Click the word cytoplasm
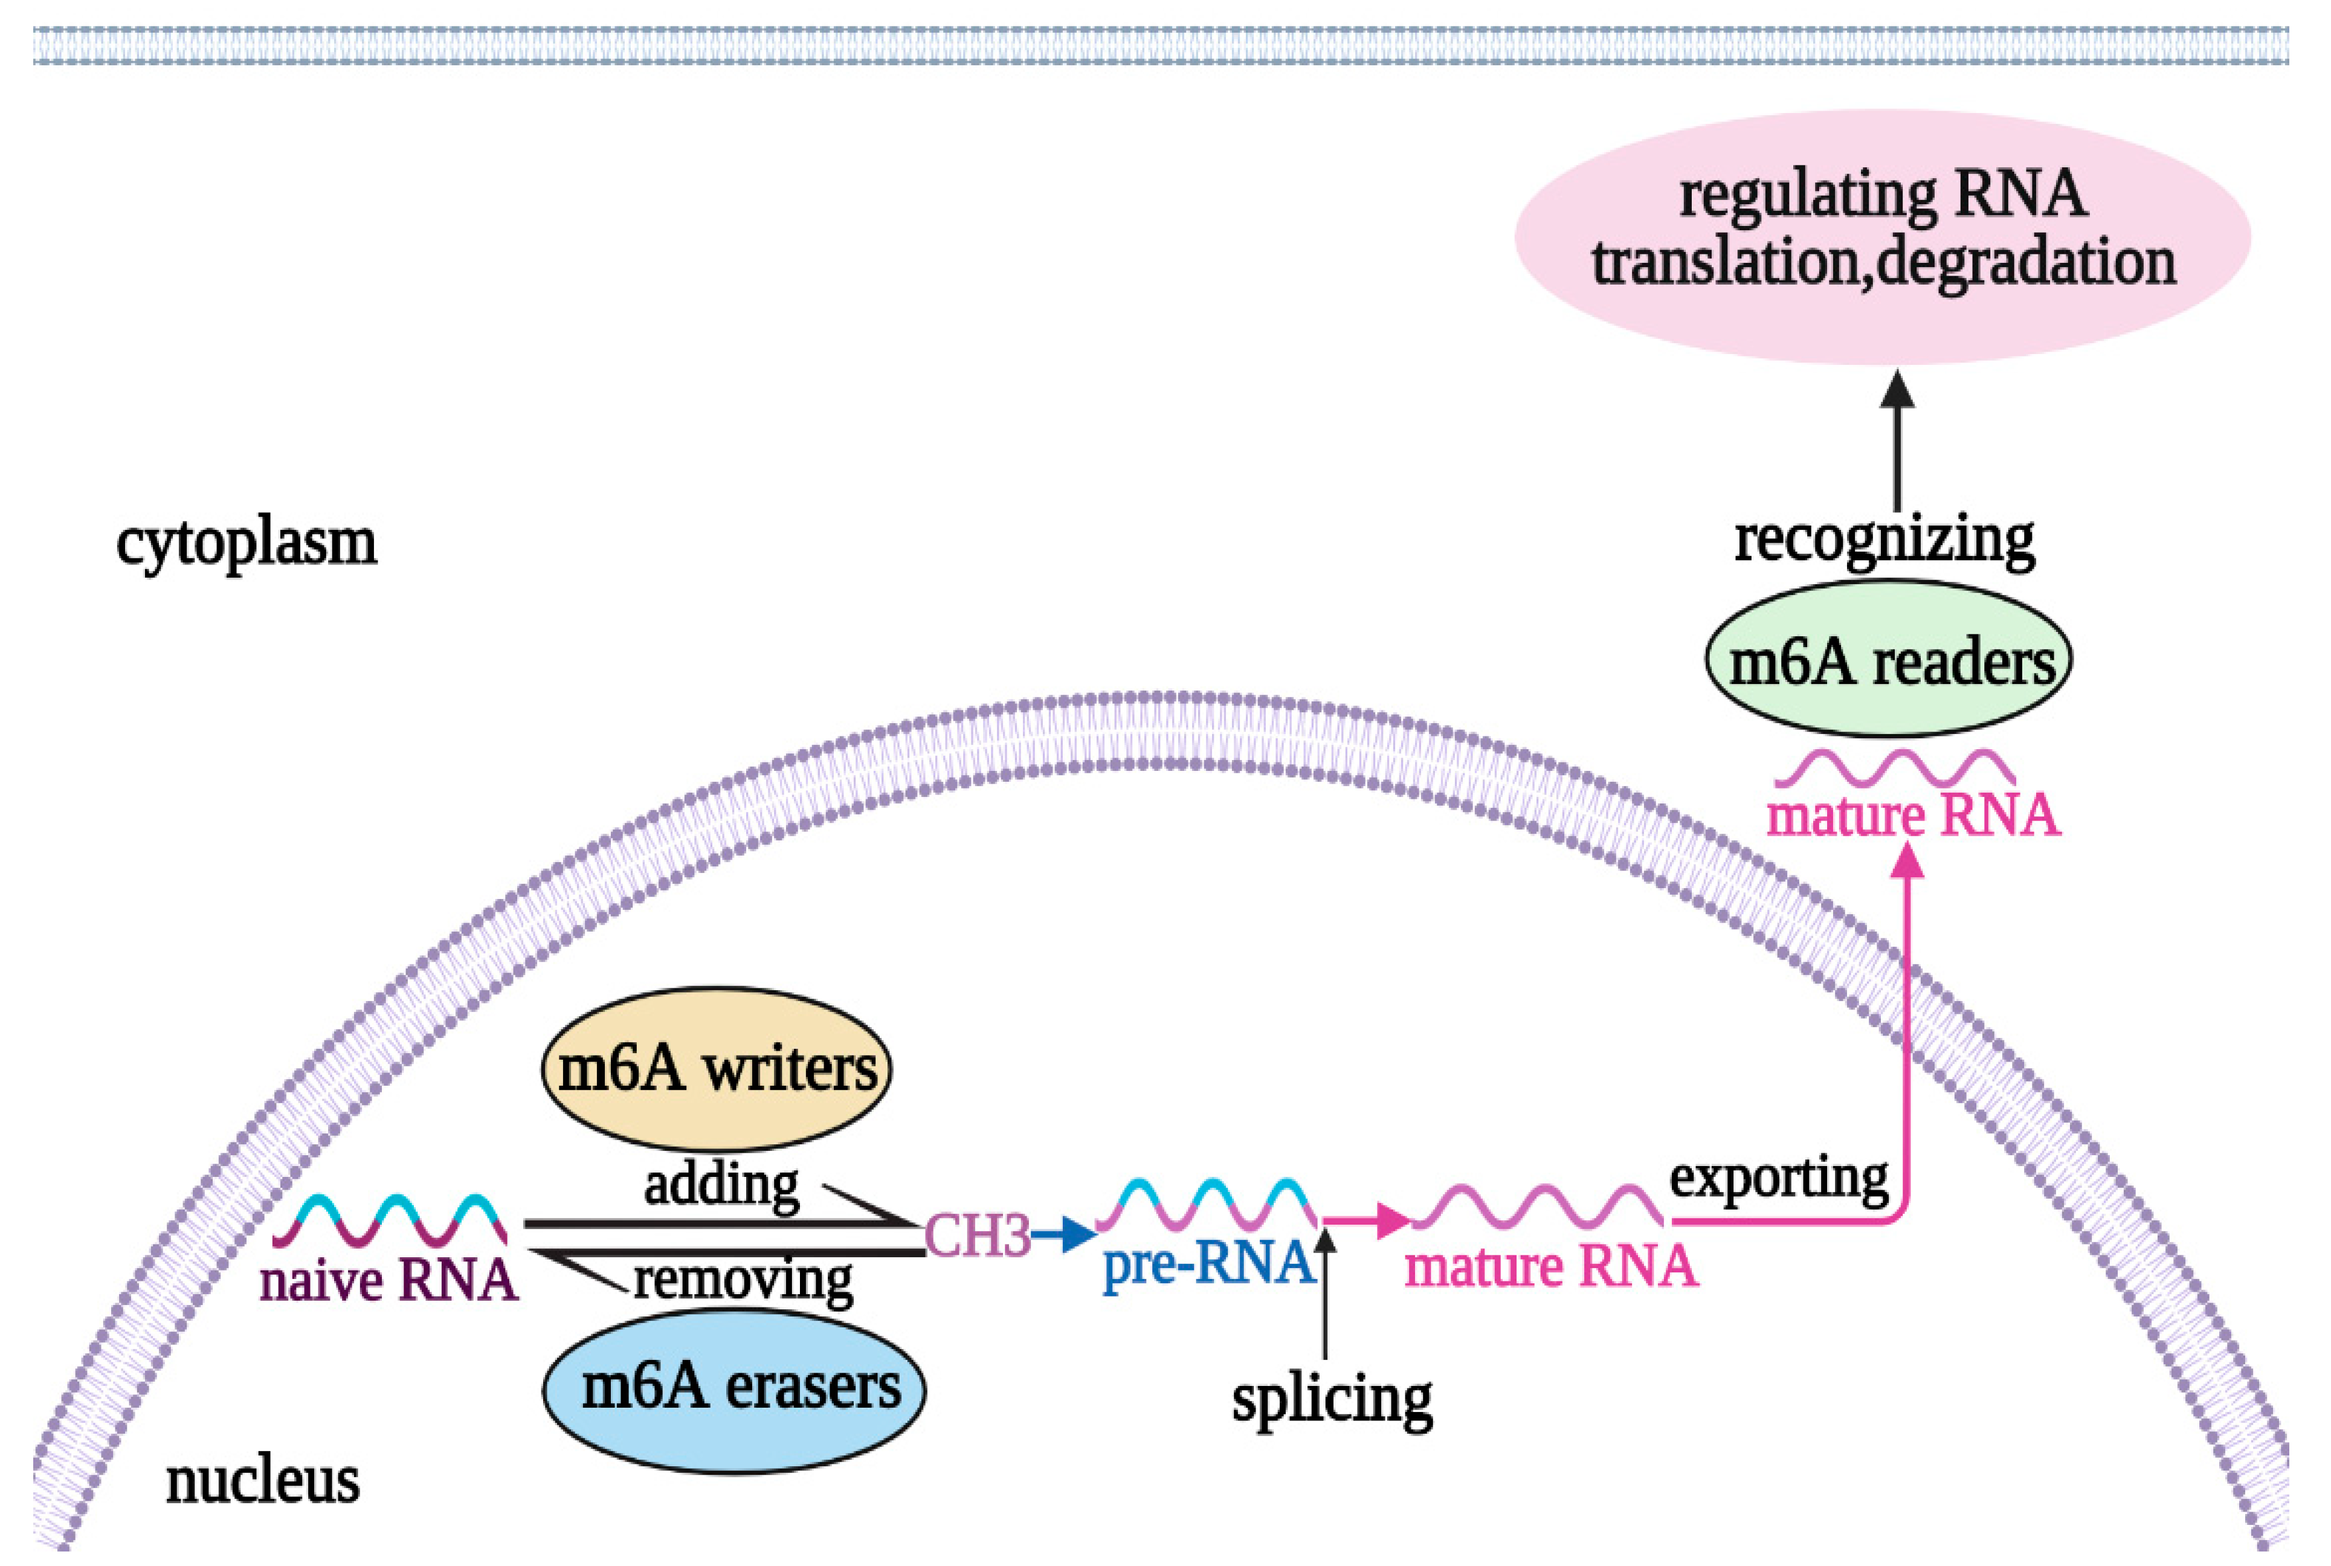pyautogui.click(x=247, y=543)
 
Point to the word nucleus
pyautogui.click(x=263, y=1480)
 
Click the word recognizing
pyautogui.click(x=1883, y=540)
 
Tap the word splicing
pyautogui.click(x=1331, y=1400)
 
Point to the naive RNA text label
pyautogui.click(x=390, y=1280)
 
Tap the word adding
pyautogui.click(x=721, y=1185)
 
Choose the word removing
pyautogui.click(x=743, y=1280)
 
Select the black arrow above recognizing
pyautogui.click(x=1897, y=439)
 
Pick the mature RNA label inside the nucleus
pyautogui.click(x=1551, y=1266)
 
